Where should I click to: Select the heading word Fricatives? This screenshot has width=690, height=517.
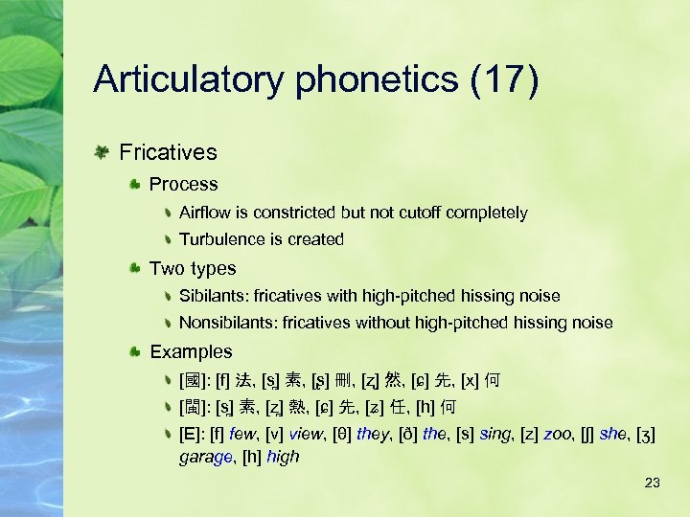168,152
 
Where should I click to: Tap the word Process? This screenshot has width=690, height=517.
184,184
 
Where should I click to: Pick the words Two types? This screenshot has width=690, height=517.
193,268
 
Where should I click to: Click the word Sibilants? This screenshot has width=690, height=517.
214,297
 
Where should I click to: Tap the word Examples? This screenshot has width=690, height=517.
191,351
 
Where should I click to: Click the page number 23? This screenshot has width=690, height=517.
653,483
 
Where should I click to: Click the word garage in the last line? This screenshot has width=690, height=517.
204,458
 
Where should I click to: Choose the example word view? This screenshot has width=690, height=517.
308,434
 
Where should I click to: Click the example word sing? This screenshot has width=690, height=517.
497,434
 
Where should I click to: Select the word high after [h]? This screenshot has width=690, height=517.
283,458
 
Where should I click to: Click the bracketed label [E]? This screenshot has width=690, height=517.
190,434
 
